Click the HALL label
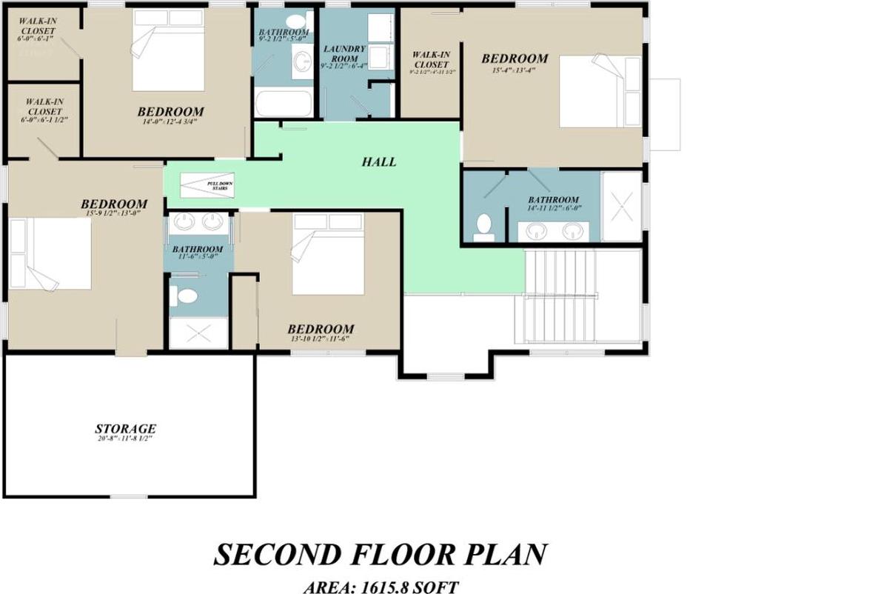(379, 162)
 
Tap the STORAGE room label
(125, 429)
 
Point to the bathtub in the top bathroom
(284, 102)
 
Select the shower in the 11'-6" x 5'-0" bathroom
(198, 333)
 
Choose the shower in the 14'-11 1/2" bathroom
(621, 206)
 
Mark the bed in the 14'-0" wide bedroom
(168, 52)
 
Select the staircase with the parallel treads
(560, 296)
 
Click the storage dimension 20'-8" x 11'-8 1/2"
(125, 439)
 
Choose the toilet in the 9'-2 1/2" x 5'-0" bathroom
(296, 21)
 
